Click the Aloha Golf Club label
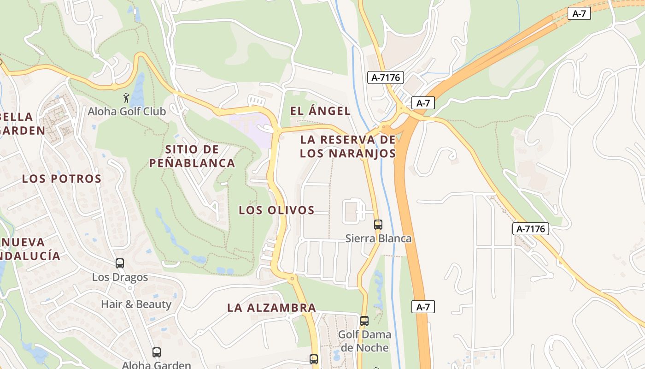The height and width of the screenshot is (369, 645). [127, 111]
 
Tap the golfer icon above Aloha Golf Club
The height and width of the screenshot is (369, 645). [127, 98]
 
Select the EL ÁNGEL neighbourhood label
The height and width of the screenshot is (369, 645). [320, 111]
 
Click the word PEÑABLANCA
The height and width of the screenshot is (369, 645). [192, 163]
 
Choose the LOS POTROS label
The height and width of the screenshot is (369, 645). [62, 179]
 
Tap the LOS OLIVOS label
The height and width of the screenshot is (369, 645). [276, 210]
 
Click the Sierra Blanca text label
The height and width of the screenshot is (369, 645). [378, 238]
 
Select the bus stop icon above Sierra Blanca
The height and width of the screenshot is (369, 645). [378, 225]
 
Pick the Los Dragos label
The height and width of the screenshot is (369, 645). [120, 277]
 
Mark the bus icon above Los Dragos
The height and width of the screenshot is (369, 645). [120, 263]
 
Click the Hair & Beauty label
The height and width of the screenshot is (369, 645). [136, 304]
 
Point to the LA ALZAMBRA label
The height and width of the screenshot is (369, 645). [271, 308]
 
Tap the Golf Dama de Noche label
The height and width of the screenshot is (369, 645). [364, 341]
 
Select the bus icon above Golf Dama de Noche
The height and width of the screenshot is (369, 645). [364, 321]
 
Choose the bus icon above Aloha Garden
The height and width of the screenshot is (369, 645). [157, 352]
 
